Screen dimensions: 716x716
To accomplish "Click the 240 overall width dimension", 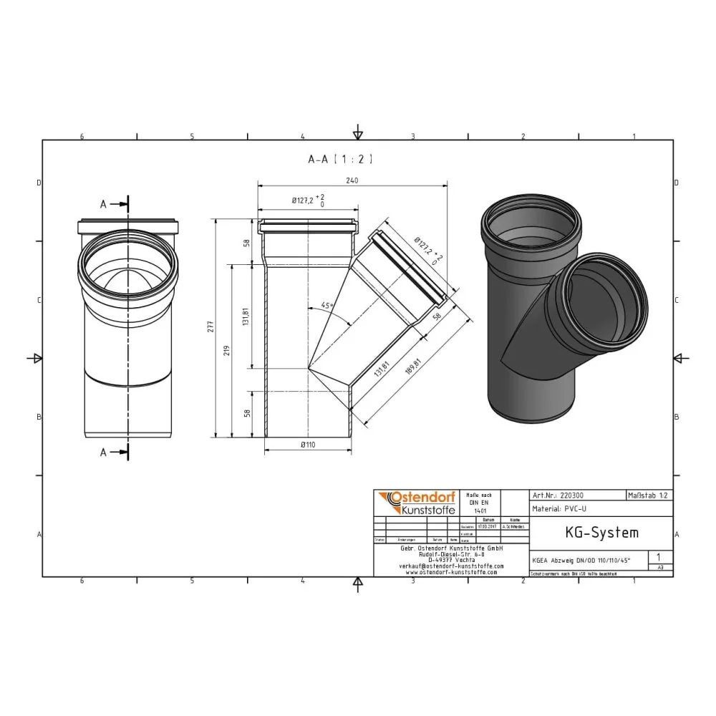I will click(x=352, y=181).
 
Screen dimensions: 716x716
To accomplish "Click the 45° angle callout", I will click(x=327, y=306).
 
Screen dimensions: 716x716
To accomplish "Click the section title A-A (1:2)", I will click(x=340, y=160).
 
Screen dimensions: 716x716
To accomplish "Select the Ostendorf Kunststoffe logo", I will click(x=415, y=503).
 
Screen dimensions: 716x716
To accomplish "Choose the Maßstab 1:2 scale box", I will click(x=649, y=495).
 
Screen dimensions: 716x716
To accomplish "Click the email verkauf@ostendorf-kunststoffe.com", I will click(x=451, y=566).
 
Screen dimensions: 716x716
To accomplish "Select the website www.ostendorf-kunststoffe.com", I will click(x=451, y=572).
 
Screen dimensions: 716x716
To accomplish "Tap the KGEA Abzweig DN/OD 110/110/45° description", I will click(x=581, y=560).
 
